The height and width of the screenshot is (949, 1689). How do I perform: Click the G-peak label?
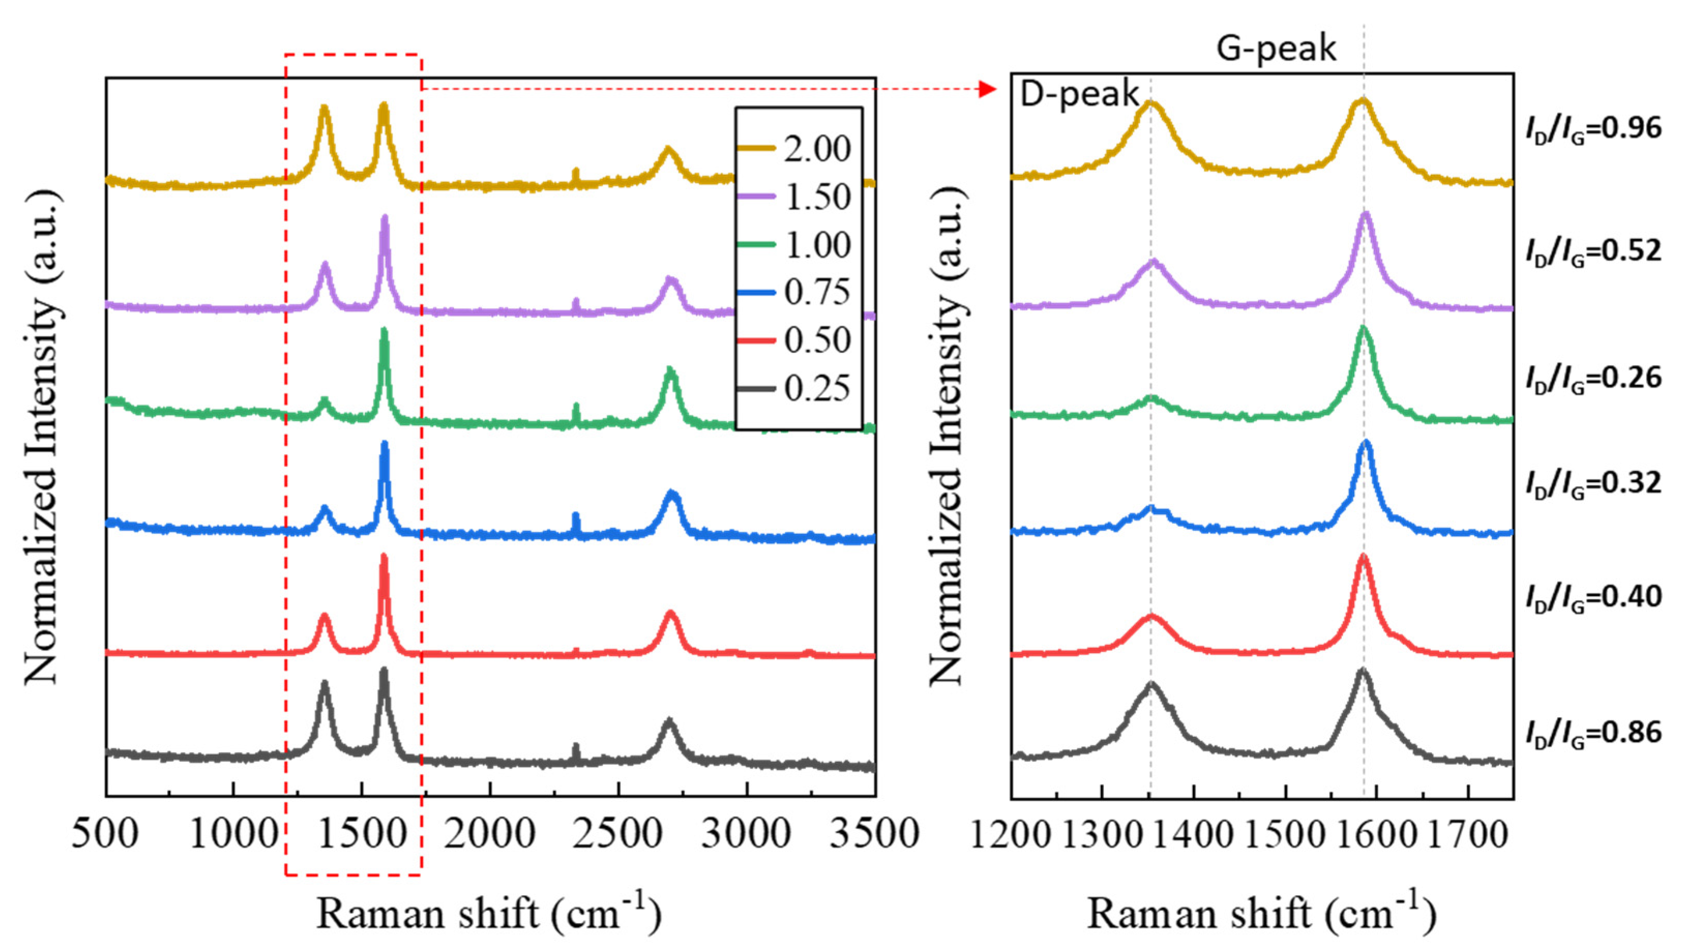[1276, 49]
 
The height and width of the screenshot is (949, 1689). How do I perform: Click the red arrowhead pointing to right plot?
[987, 89]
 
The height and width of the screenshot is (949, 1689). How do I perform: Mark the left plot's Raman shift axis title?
[488, 913]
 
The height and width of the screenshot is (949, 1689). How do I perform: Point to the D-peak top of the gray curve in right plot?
[1150, 684]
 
